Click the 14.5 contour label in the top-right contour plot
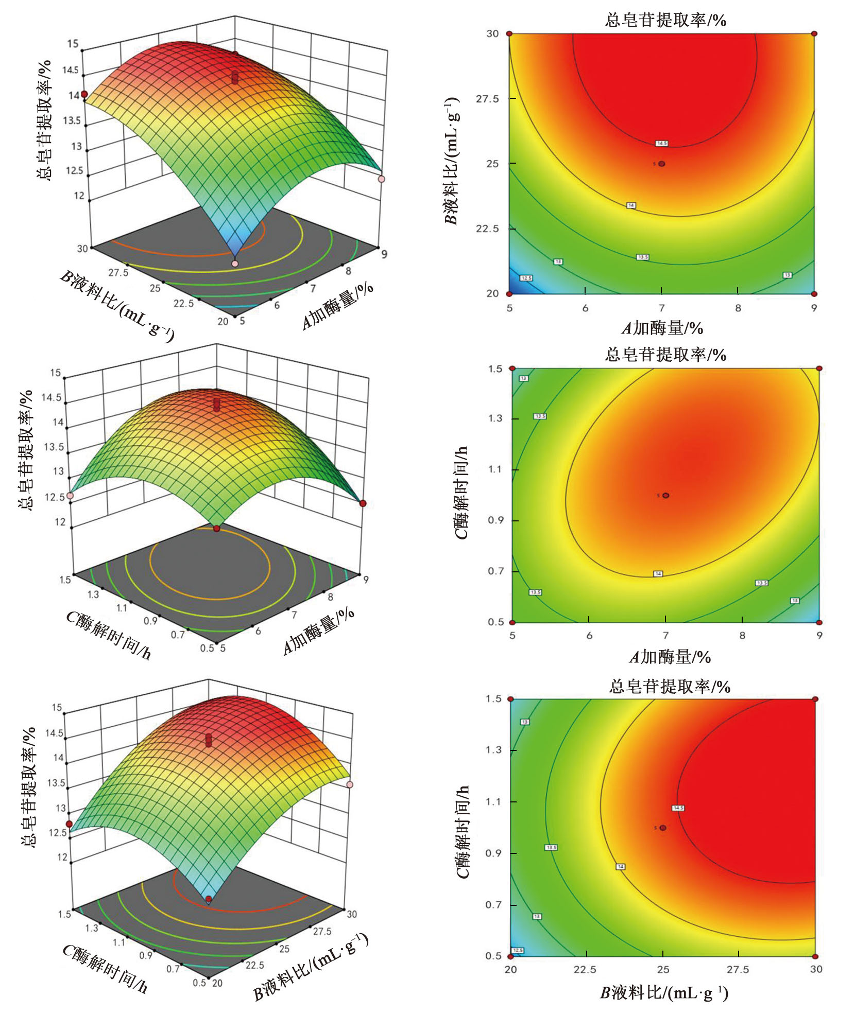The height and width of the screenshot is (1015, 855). [x=662, y=143]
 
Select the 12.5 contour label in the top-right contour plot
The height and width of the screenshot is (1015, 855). [x=526, y=278]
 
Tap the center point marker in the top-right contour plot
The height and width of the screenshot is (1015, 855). [x=662, y=164]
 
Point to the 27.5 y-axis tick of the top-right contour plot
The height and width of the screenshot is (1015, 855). [x=487, y=99]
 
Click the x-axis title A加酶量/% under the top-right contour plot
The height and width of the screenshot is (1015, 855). [x=662, y=328]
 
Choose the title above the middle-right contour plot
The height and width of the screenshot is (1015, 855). [x=665, y=354]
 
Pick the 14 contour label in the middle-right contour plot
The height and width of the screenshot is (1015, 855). [x=658, y=573]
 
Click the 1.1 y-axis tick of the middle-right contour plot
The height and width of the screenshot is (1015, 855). [x=495, y=469]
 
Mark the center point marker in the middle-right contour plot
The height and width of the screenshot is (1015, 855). [x=666, y=496]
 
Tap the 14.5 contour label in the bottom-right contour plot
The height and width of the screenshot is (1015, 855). [x=678, y=808]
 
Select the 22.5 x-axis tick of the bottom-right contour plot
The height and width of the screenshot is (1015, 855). [x=585, y=969]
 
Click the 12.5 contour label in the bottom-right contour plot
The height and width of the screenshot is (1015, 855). [x=518, y=950]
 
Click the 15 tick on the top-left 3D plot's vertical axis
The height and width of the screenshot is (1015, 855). [x=73, y=44]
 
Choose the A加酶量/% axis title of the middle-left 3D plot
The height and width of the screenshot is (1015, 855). [x=319, y=631]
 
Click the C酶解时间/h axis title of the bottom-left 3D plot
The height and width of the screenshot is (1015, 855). [x=106, y=968]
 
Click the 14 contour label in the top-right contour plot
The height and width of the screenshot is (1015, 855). [x=631, y=205]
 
